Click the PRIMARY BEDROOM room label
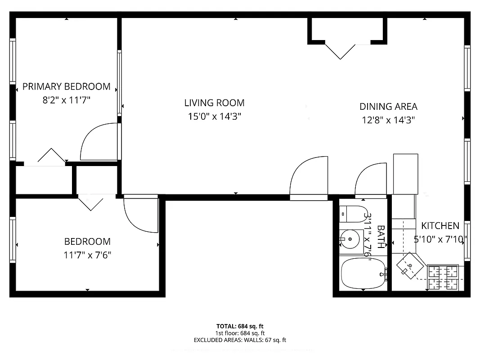tap(66, 86)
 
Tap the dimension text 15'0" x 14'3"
tap(215, 117)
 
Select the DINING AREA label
tap(388, 107)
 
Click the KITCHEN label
tap(440, 226)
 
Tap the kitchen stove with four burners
tap(443, 277)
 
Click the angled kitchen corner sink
tap(410, 266)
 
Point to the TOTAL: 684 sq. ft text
tap(240, 326)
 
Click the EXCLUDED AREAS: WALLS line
tap(240, 340)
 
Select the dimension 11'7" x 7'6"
tap(87, 255)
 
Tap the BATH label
tap(381, 237)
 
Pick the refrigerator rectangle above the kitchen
tap(405, 173)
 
